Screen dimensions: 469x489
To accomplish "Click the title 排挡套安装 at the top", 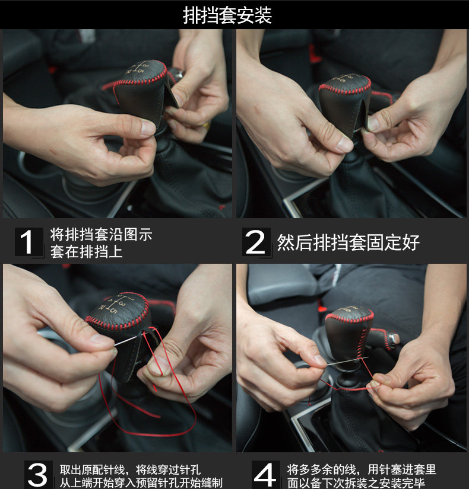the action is (x=227, y=15).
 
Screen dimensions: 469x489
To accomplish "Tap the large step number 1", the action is (x=27, y=242).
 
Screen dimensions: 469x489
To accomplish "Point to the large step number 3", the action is (x=37, y=475).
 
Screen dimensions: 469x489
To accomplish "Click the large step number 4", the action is (x=265, y=475).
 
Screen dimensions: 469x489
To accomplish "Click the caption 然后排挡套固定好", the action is (x=348, y=242).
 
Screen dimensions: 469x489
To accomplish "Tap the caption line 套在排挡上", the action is (x=86, y=252).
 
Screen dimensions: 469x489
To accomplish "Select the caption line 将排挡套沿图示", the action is (x=102, y=235).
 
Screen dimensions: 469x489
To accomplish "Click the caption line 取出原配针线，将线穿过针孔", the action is (x=130, y=469).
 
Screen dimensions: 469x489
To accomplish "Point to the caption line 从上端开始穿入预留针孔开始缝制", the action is (x=141, y=482).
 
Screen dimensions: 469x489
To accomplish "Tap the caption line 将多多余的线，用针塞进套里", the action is (x=361, y=469).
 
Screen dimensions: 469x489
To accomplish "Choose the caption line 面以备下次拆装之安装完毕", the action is (x=356, y=482).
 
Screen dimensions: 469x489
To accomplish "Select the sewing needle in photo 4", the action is (x=347, y=361).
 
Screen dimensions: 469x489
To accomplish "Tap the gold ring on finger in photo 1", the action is (x=207, y=126).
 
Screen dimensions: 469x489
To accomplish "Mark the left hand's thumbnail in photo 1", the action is (x=148, y=127).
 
